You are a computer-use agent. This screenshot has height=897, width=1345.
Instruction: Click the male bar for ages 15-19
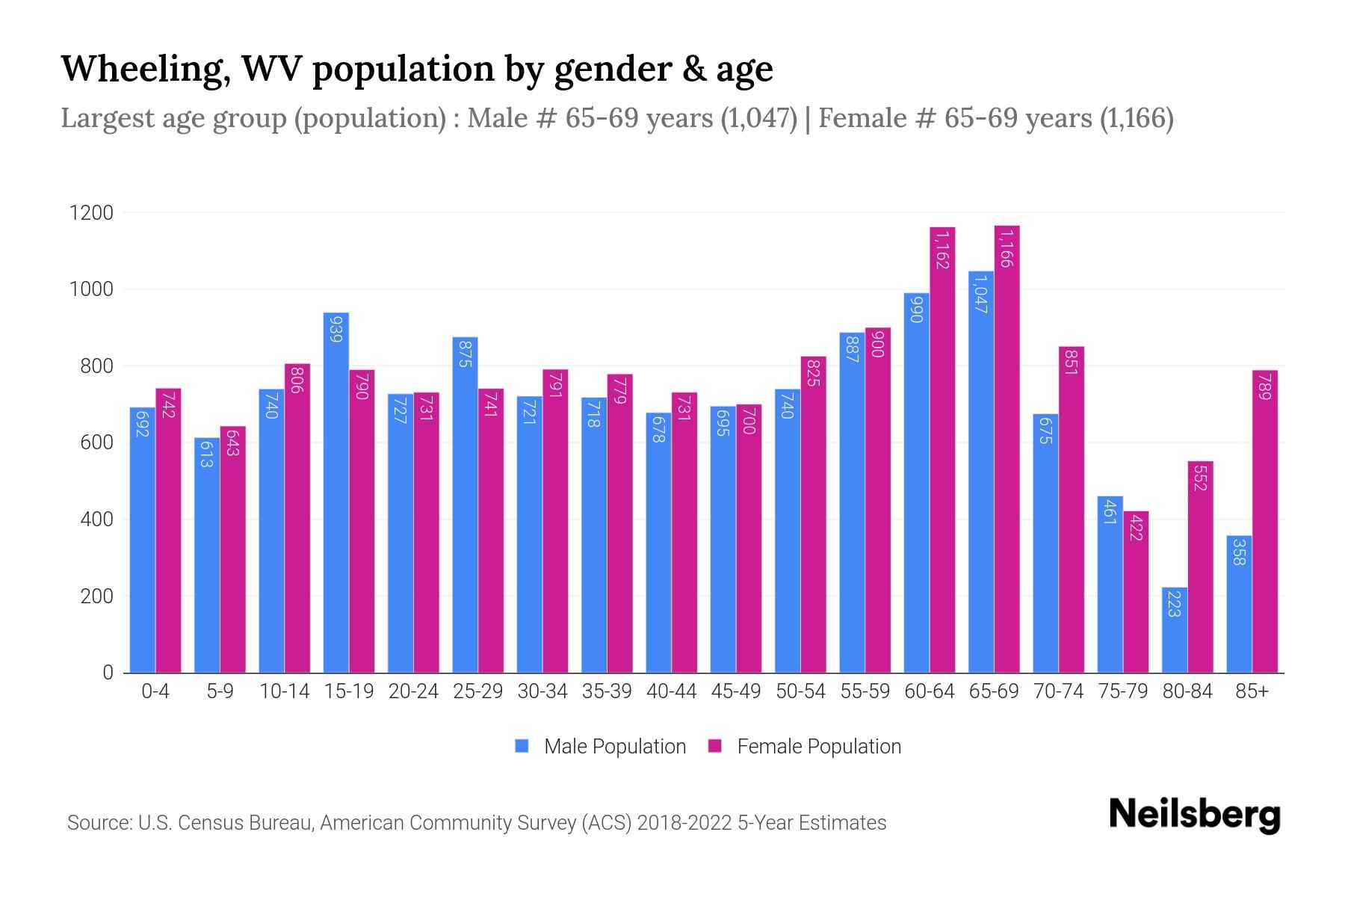[336, 493]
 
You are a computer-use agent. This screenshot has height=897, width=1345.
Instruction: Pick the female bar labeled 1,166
[1007, 449]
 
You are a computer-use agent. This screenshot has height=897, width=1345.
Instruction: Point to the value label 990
[917, 308]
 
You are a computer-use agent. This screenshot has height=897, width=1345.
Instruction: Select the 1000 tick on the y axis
[91, 289]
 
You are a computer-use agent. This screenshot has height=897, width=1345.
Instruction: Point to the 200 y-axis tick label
[97, 597]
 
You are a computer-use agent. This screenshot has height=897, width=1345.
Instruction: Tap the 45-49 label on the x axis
[735, 691]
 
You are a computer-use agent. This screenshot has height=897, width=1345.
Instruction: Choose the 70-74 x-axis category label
[1058, 691]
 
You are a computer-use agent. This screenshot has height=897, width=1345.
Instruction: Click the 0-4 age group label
[155, 691]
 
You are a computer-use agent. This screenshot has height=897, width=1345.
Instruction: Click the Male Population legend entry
[614, 747]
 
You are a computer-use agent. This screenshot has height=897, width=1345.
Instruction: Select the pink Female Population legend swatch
[715, 746]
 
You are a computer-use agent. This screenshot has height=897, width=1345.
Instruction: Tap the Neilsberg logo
[1194, 815]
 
